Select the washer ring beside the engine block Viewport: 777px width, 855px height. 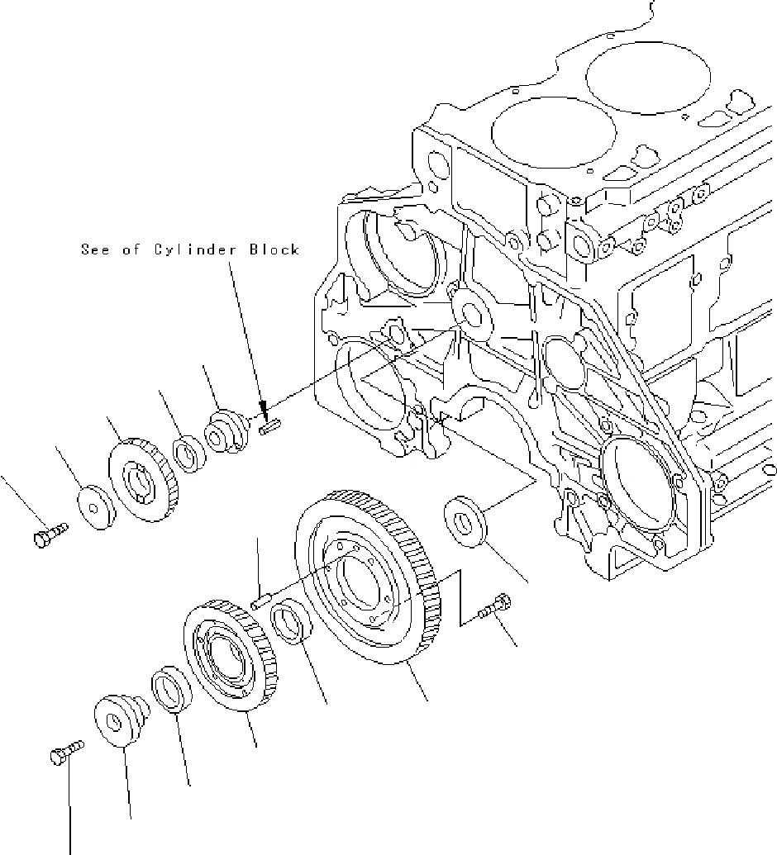(468, 518)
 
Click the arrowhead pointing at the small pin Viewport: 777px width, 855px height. (262, 409)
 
